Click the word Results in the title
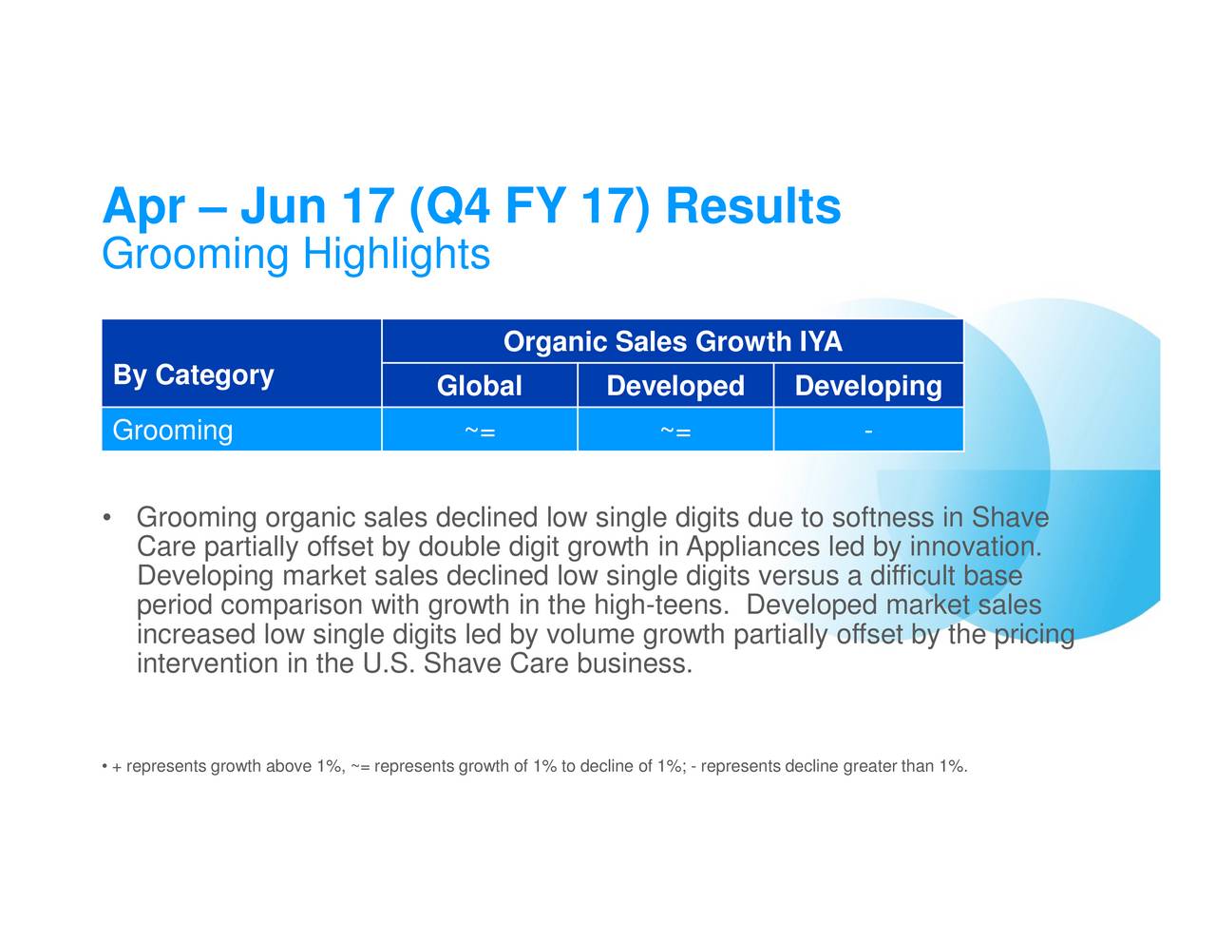[x=752, y=206]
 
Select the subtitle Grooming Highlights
[x=296, y=255]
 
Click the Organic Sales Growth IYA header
[x=673, y=341]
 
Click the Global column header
[x=480, y=386]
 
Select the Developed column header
[x=675, y=386]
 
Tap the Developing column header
[x=868, y=386]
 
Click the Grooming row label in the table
[x=172, y=431]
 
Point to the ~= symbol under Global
[x=480, y=432]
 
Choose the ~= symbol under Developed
[x=675, y=432]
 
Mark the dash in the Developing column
[x=868, y=432]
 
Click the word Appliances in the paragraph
[x=752, y=547]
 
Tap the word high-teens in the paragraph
[x=662, y=605]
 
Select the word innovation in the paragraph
[x=976, y=547]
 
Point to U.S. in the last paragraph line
[x=389, y=664]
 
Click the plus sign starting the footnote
[x=117, y=767]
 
